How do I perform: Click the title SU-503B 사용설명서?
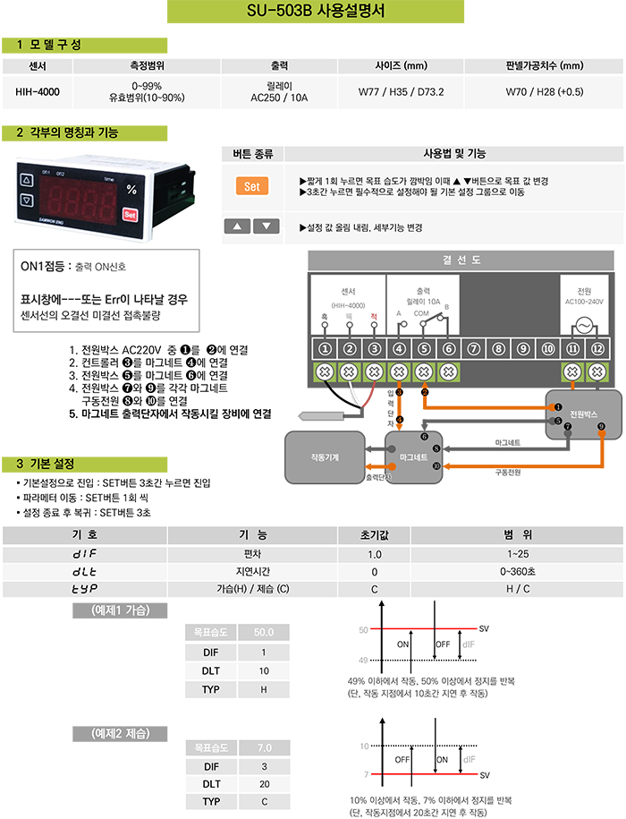point(316,13)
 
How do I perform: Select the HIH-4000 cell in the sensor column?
point(38,91)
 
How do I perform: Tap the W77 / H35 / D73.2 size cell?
point(402,91)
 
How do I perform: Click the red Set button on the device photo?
point(130,215)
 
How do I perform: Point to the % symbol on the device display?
point(131,190)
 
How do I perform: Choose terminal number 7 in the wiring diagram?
point(474,348)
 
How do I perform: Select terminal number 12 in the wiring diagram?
point(596,348)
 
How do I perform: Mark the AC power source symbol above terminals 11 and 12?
point(583,326)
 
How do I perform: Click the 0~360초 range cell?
point(518,571)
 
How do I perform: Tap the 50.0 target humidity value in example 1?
point(264,632)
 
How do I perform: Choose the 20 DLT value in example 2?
point(264,783)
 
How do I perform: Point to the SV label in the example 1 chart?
point(485,629)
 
